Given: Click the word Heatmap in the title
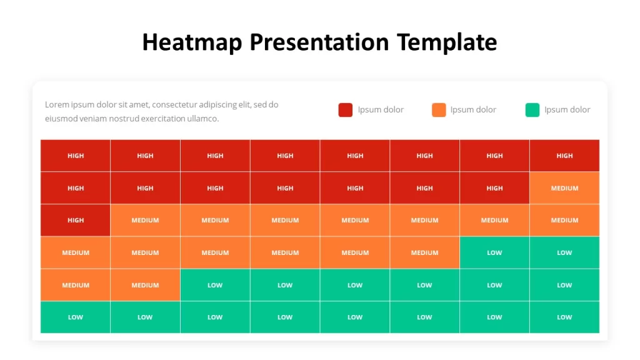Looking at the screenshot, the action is click(x=192, y=42).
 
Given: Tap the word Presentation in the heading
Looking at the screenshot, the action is click(x=319, y=42).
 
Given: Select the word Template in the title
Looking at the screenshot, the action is click(x=447, y=42).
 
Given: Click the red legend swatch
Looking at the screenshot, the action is click(x=345, y=110).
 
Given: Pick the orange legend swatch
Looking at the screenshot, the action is click(x=439, y=110).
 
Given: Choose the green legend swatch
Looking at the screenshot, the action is click(x=532, y=110).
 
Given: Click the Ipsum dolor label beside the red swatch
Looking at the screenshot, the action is click(x=381, y=110).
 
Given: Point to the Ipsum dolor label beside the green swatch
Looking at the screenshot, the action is click(x=567, y=110).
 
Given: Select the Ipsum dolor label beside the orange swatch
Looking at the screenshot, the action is click(x=474, y=110).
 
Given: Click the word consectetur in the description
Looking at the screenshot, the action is click(x=181, y=104).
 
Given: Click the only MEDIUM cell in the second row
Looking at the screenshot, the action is click(x=564, y=187).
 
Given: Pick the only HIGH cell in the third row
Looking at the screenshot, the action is click(x=76, y=220).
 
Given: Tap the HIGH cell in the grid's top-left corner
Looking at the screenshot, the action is click(x=76, y=156).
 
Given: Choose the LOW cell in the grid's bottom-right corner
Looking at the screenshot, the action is click(x=564, y=317).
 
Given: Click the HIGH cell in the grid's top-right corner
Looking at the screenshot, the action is click(x=564, y=156).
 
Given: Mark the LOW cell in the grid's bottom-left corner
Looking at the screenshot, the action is click(x=76, y=317).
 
